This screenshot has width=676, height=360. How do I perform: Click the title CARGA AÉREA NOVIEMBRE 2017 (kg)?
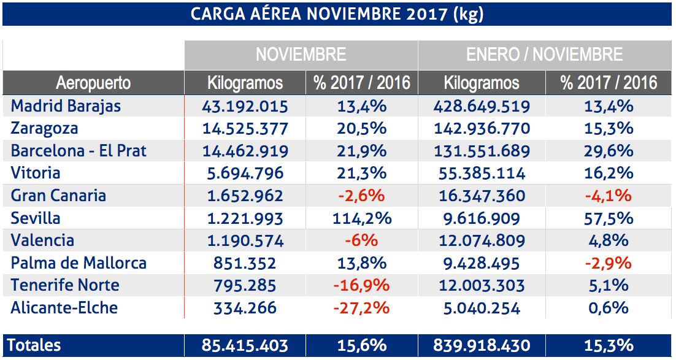point(337,14)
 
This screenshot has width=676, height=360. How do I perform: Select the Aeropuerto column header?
point(93,83)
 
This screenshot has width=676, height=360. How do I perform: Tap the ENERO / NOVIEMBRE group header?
point(544,55)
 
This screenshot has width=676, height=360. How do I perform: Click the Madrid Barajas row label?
point(66,106)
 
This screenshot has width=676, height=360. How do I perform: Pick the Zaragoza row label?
point(44,129)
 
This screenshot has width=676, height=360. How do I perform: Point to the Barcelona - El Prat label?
point(79,151)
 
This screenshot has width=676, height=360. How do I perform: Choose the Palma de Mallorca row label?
point(79,263)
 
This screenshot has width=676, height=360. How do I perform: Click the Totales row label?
point(34,345)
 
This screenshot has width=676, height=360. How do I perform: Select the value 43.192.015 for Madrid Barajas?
point(245,106)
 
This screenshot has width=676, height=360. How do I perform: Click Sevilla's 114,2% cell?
point(361,218)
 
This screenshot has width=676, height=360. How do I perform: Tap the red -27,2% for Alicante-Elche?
point(361,308)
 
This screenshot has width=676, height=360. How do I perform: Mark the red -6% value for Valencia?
point(361,240)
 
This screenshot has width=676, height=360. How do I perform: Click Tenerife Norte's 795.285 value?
point(245,285)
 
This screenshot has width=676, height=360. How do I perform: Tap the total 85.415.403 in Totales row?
point(245,345)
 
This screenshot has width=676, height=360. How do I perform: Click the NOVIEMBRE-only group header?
point(301,55)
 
